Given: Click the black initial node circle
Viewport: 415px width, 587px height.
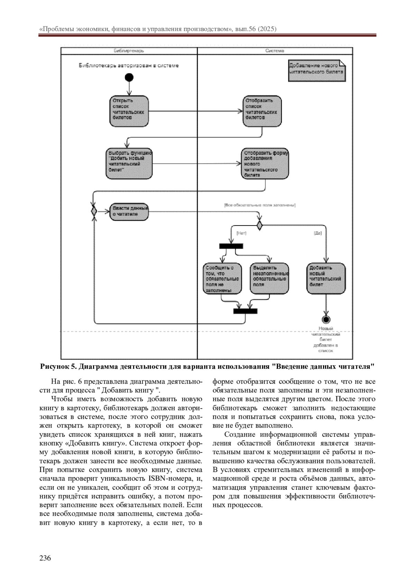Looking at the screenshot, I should [129, 77].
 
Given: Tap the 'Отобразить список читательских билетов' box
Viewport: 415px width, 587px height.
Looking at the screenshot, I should [262, 111].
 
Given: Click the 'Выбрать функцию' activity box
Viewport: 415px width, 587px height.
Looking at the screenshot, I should [129, 164].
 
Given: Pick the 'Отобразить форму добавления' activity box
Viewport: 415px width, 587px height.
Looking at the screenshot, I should [265, 164].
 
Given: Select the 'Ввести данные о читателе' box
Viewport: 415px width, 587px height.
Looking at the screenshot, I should [129, 212].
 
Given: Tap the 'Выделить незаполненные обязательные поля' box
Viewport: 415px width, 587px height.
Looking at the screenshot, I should [269, 279].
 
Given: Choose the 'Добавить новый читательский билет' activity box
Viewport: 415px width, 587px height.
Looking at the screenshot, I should [326, 279].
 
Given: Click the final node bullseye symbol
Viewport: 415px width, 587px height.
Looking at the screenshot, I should [326, 319].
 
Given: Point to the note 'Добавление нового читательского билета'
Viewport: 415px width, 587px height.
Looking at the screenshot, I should [316, 71].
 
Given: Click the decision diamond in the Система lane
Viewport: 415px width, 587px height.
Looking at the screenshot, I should [259, 226].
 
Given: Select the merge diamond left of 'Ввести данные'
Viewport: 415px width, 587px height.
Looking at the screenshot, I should [94, 211].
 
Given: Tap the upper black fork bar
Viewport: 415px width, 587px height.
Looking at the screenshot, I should [231, 246].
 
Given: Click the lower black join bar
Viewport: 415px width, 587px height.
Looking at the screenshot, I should [245, 311].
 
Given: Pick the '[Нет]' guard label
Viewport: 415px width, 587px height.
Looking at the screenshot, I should [241, 233].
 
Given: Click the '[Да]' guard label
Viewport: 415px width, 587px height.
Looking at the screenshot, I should [317, 233].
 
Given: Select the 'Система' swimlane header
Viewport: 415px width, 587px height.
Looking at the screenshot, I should [275, 51].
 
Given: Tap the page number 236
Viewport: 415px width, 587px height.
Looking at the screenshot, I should [45, 558].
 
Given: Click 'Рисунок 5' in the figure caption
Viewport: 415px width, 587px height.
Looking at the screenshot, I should [56, 366].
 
